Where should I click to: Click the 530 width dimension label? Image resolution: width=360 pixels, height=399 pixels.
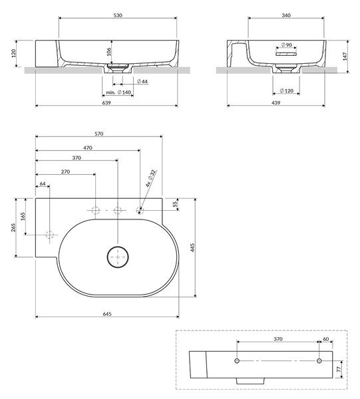118,15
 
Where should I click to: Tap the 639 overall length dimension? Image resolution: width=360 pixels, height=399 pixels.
106,103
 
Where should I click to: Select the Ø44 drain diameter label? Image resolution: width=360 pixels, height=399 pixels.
142,81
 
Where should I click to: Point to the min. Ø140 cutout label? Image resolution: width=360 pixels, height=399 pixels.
118,92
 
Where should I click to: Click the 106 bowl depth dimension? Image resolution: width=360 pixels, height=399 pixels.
108,52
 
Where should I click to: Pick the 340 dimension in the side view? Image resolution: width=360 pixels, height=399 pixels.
286,15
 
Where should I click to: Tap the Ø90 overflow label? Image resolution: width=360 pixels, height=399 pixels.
286,45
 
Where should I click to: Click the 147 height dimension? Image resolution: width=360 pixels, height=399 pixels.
345,57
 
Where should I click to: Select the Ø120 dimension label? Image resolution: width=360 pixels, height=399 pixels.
286,90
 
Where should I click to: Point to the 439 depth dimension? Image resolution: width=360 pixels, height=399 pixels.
276,103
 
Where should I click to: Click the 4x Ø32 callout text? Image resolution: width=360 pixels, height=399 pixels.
151,178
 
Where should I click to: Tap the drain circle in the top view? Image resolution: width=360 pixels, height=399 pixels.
118,257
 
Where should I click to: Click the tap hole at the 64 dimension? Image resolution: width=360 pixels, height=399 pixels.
50,235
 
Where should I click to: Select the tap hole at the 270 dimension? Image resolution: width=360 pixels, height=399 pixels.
96,210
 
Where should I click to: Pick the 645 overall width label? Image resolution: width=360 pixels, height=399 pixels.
107,314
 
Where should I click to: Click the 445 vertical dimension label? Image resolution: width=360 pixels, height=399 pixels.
192,247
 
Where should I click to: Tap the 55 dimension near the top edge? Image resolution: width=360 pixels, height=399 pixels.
175,204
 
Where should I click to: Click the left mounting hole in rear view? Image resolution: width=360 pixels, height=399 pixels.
237,361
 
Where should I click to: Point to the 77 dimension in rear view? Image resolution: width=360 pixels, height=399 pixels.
339,369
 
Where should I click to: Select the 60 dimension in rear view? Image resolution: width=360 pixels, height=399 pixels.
326,339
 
